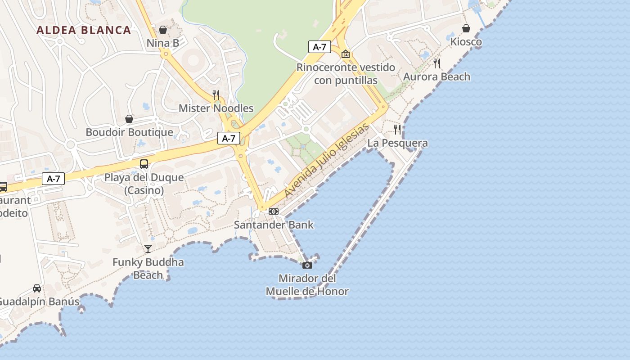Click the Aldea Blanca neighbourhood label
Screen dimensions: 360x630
point(84,30)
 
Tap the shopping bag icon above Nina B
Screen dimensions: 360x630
point(163,30)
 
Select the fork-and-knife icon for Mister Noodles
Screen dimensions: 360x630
point(216,94)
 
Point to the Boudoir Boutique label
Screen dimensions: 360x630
point(129,132)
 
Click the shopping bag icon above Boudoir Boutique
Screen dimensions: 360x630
point(129,119)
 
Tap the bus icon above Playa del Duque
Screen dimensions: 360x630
point(144,164)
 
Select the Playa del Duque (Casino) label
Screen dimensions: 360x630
point(144,184)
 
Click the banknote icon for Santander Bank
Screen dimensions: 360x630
point(274,211)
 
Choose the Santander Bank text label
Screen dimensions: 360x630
point(274,225)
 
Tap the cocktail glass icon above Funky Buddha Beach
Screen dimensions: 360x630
point(148,248)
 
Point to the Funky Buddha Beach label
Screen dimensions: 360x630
point(148,268)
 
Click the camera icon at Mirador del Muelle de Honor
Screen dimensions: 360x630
point(307,265)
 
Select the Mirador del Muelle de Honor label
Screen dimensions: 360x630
point(307,285)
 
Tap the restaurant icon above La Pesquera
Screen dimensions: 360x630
point(397,130)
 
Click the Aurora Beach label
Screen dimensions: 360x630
point(436,76)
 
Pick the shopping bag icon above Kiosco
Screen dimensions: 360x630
point(466,28)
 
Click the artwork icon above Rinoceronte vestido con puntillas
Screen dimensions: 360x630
point(346,54)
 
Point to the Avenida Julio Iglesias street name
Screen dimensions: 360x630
point(327,161)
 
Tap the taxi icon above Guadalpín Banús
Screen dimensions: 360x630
point(37,288)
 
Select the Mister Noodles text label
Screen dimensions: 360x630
point(216,108)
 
